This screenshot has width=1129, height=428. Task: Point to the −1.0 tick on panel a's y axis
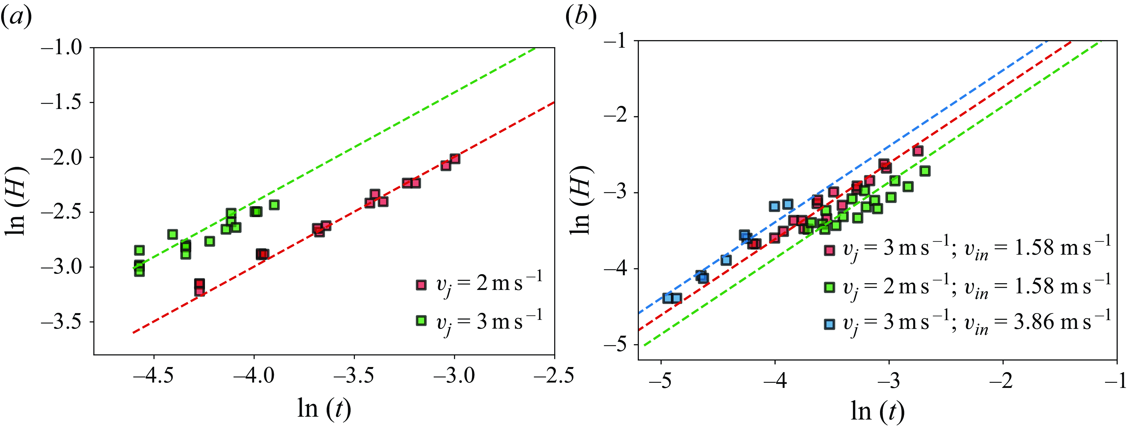61,47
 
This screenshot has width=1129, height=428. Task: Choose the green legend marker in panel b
829,287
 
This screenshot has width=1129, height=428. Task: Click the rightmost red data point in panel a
455,159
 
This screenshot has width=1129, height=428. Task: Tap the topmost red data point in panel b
918,151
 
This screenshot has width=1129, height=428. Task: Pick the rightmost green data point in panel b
925,171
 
